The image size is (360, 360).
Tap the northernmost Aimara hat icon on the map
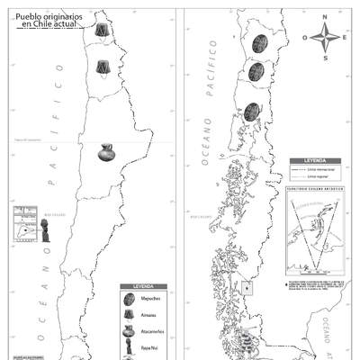103,31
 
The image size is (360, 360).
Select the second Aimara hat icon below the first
103,66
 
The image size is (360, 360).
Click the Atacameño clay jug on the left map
107,152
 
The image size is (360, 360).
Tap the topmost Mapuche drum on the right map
259,43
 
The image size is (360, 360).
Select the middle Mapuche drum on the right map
256,71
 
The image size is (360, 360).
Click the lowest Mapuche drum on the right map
252,112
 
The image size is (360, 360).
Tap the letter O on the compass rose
305,38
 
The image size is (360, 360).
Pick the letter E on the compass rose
346,38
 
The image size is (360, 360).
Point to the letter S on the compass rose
325,58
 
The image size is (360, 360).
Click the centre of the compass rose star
325,38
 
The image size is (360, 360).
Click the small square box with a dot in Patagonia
247,288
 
